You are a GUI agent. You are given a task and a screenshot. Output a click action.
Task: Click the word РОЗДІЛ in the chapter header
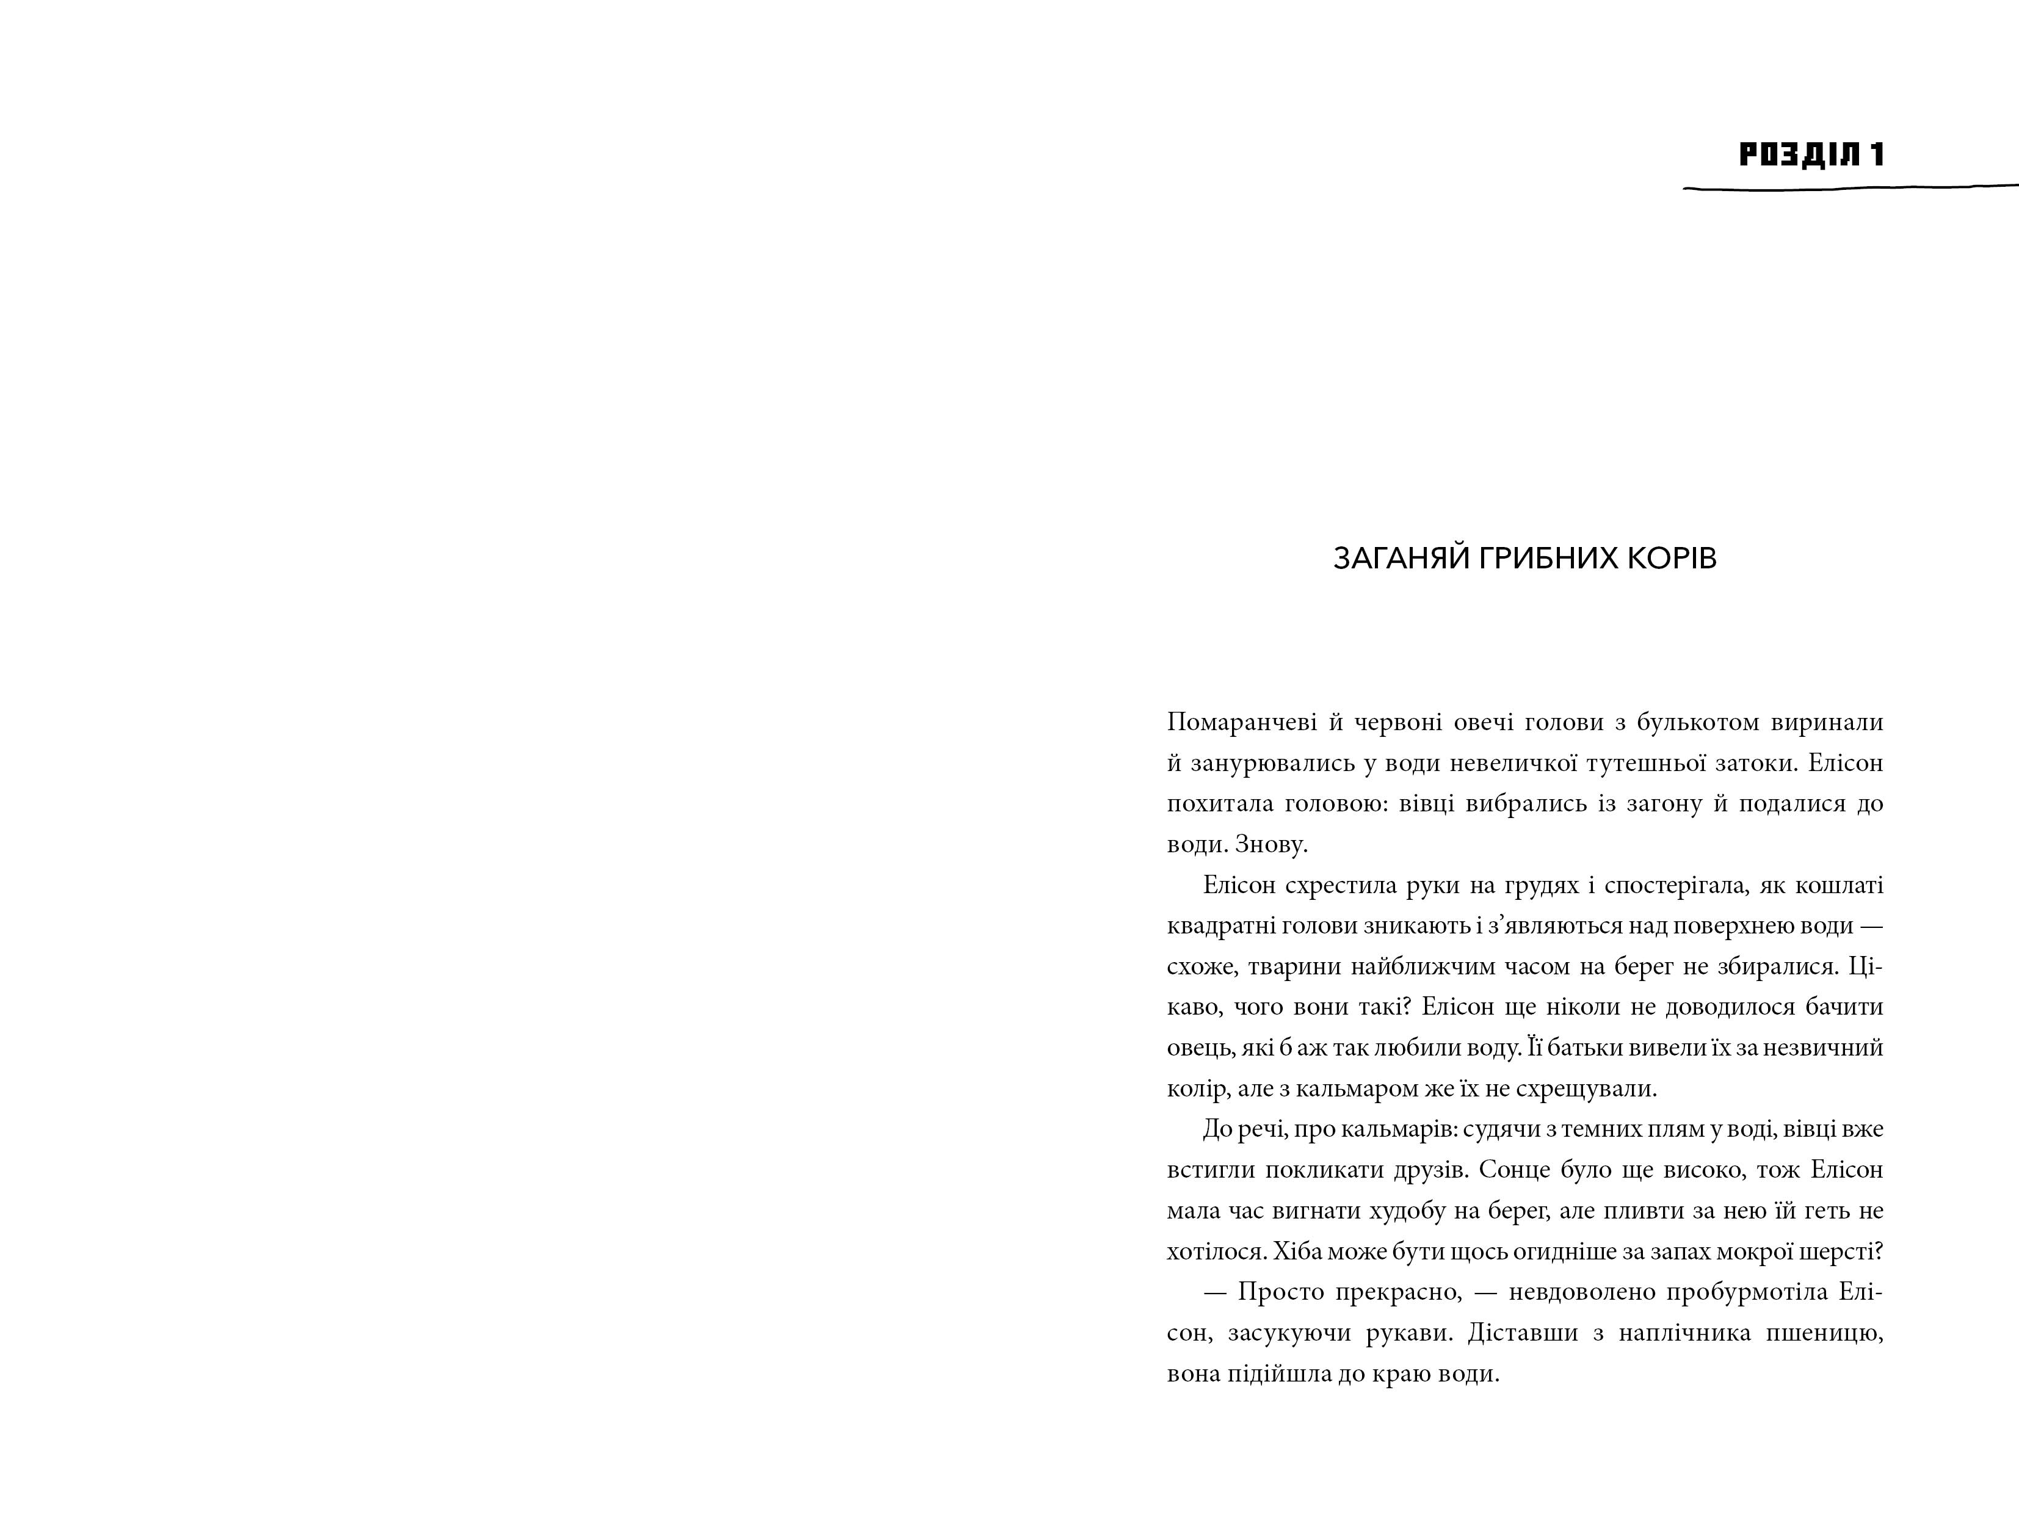point(1797,154)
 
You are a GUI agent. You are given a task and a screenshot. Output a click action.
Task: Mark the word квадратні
point(1217,926)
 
